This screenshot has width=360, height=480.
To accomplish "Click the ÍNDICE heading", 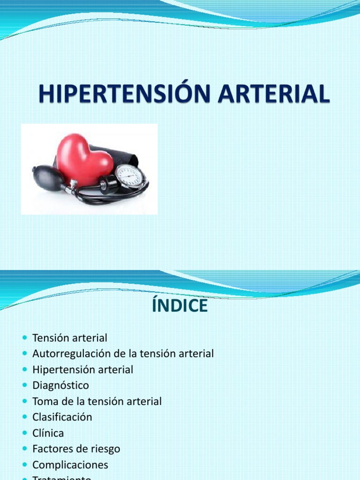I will pos(180,306).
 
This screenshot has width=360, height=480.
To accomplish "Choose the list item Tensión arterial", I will pos(70,337).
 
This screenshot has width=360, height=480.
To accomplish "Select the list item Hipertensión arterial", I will pos(82,369).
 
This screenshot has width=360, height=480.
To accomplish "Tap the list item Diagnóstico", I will pos(60,385).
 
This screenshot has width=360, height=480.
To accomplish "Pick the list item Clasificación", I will pos(62,417).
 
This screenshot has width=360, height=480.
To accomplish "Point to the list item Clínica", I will pos(48,433).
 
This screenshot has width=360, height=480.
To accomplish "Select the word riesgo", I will pos(105,449).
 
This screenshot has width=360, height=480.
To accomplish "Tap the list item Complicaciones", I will pos(70,465).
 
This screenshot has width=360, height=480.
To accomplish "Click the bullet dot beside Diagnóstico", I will pos(25,386).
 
